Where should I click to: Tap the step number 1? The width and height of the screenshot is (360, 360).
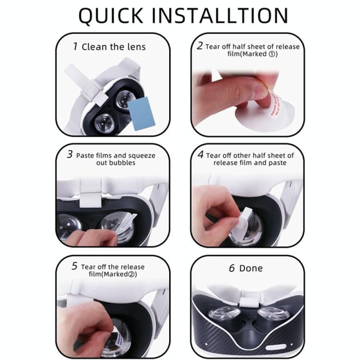(75, 46)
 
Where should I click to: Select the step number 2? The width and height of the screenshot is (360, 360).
(200, 46)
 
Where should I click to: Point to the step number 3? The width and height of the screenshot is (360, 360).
(69, 155)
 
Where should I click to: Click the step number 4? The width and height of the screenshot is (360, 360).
(201, 155)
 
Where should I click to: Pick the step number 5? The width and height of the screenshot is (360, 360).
(75, 266)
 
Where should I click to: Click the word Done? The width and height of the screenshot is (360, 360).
(251, 268)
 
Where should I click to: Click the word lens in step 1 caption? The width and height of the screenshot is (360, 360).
(136, 47)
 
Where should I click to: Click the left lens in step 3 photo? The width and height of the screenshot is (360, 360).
(69, 226)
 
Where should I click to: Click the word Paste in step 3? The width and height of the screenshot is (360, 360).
(85, 155)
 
